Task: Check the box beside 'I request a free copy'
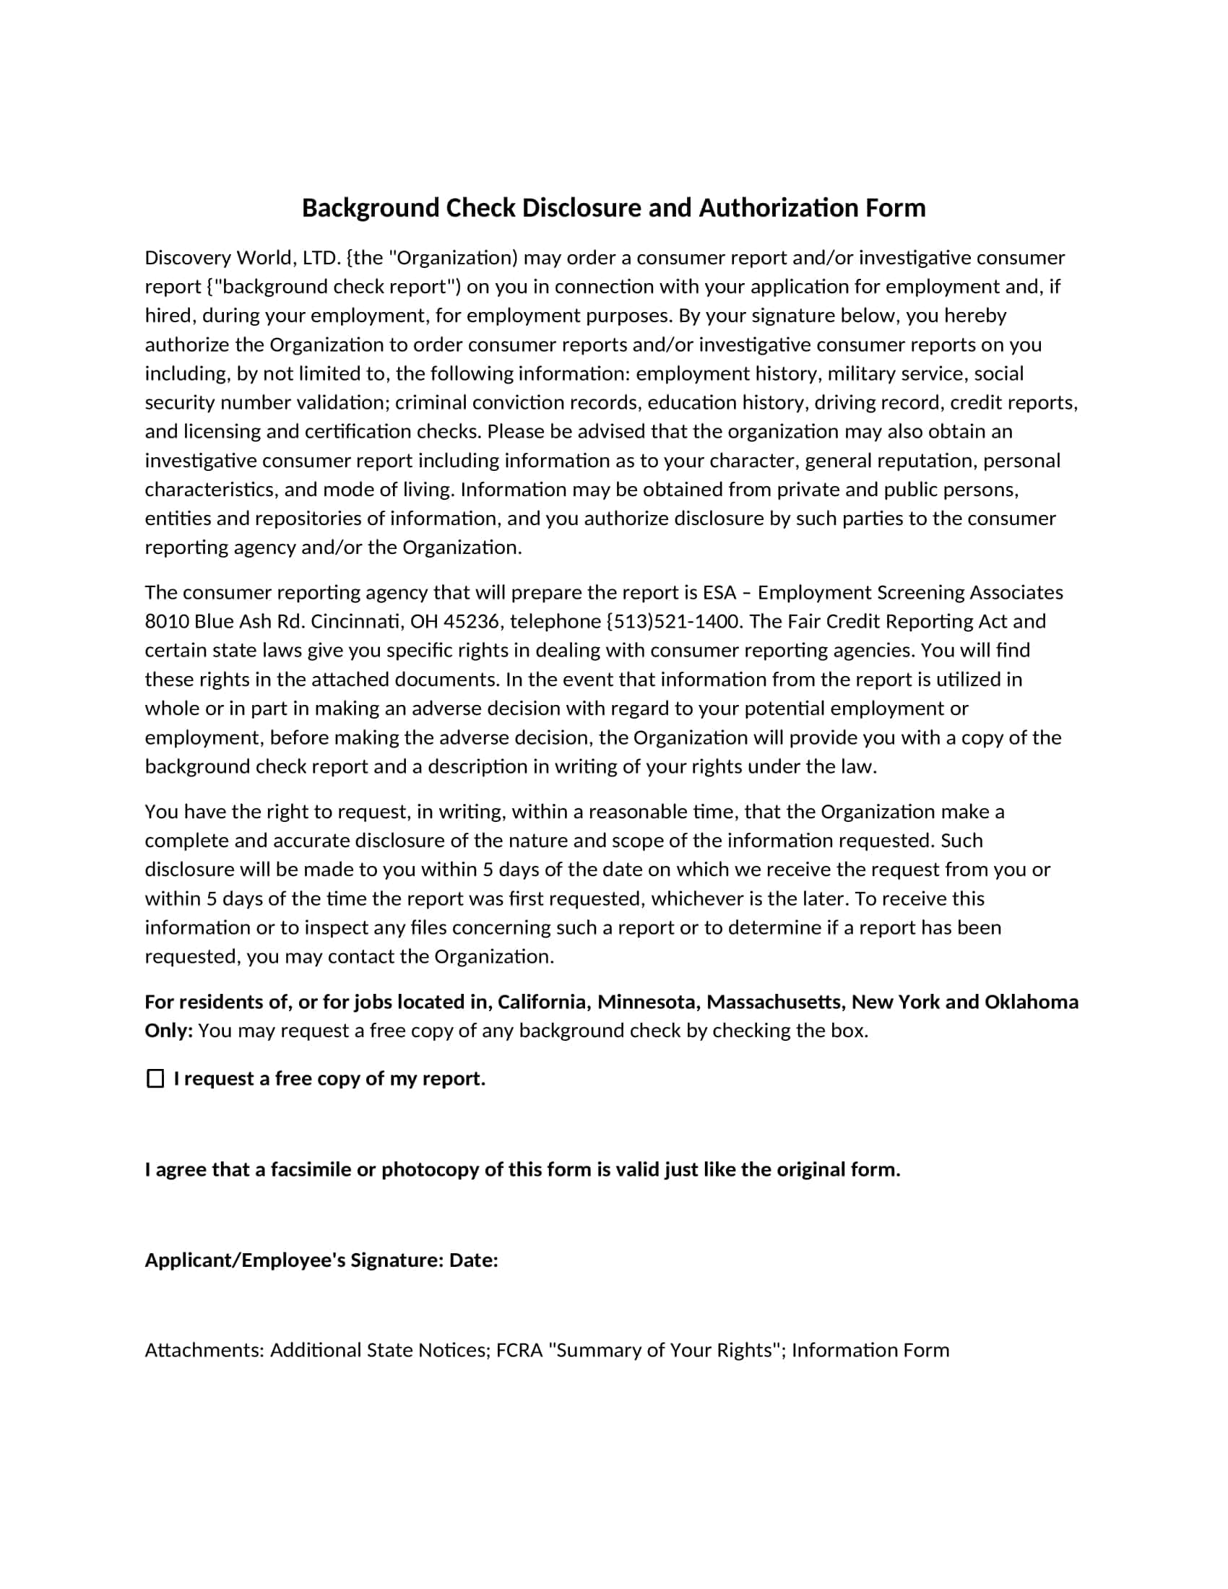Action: coord(155,1079)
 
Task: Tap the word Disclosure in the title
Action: coord(582,209)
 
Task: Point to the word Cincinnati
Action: coord(356,621)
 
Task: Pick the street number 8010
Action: coord(167,621)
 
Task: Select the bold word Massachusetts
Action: coord(776,1002)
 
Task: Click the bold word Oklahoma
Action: coord(1031,1002)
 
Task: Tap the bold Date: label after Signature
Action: coord(474,1260)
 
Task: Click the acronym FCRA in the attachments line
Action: coord(519,1351)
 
